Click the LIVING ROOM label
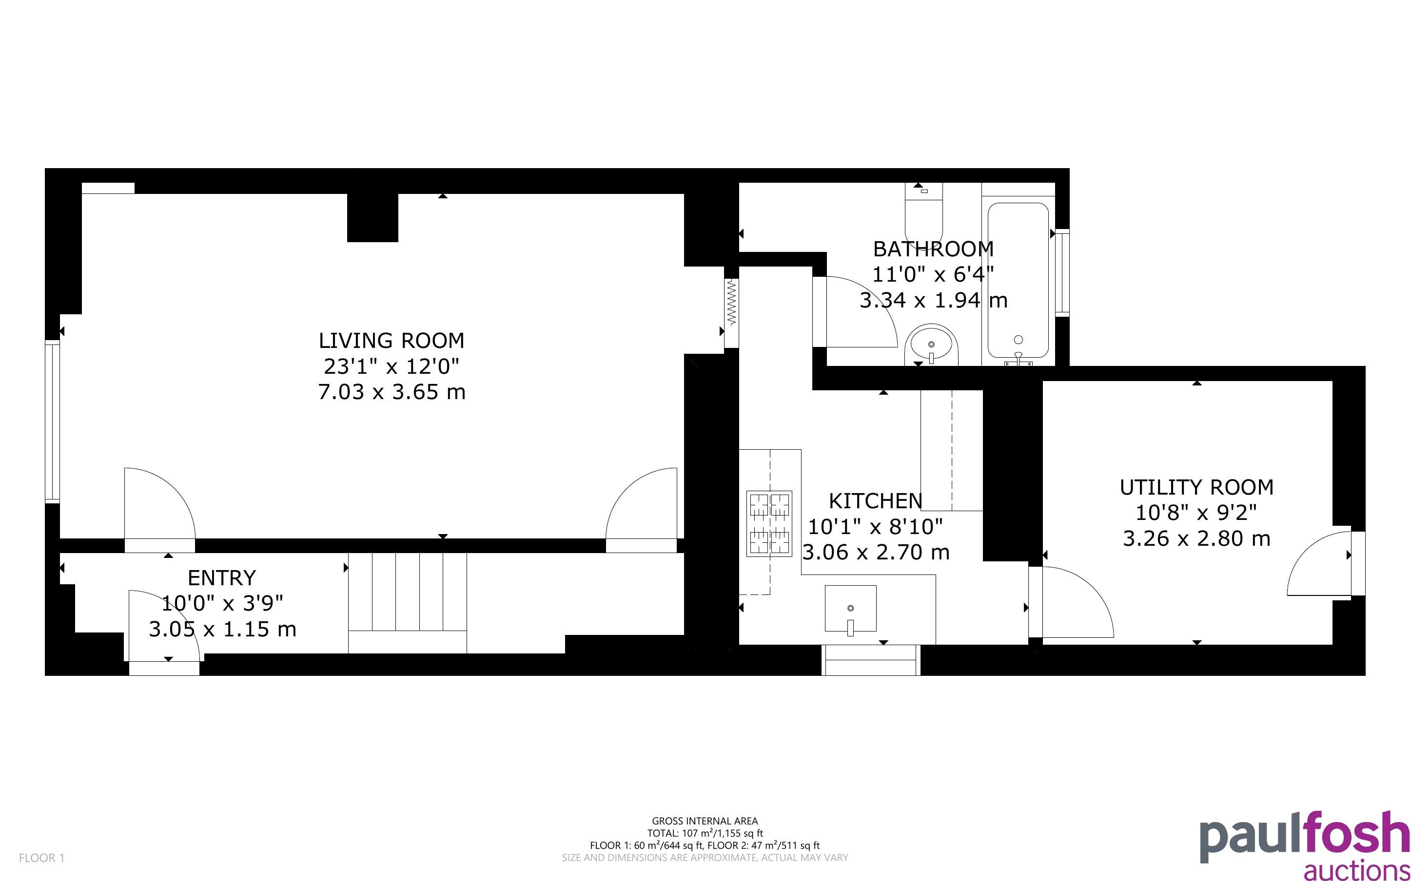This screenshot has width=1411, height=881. [391, 340]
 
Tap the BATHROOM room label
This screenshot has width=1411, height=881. [933, 249]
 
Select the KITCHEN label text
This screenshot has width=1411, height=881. [875, 500]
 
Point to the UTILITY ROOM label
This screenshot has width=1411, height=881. [1196, 487]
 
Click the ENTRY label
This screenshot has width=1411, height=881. [221, 577]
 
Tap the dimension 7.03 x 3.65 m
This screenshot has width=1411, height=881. [392, 392]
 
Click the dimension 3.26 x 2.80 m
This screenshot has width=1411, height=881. [1196, 538]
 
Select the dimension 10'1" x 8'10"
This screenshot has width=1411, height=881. [875, 527]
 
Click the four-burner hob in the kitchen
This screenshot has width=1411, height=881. [769, 523]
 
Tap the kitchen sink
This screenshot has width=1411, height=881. [850, 608]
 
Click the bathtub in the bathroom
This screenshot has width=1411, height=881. [1018, 282]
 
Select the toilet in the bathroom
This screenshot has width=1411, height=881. [924, 214]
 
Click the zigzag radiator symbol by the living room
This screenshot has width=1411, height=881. [731, 302]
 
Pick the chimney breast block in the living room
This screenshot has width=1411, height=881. [372, 217]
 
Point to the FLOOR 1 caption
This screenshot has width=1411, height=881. [42, 858]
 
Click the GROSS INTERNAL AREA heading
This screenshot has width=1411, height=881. [705, 822]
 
